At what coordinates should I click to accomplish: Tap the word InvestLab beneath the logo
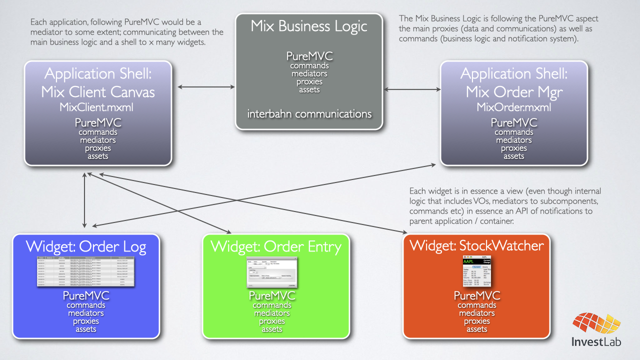pyautogui.click(x=596, y=342)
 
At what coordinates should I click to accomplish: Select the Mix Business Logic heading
pyautogui.click(x=308, y=26)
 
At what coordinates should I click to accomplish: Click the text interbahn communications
pyautogui.click(x=309, y=114)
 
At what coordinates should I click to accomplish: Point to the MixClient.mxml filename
pyautogui.click(x=97, y=107)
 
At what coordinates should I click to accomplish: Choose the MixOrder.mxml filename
pyautogui.click(x=513, y=107)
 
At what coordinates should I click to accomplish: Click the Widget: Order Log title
pyautogui.click(x=86, y=246)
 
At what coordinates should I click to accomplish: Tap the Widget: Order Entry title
pyautogui.click(x=276, y=246)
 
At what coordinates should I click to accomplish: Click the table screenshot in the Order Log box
pyautogui.click(x=86, y=271)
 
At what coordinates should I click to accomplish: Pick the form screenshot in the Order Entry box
pyautogui.click(x=272, y=272)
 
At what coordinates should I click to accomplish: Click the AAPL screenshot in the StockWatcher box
pyautogui.click(x=477, y=270)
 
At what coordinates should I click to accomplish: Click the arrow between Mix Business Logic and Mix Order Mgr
pyautogui.click(x=411, y=90)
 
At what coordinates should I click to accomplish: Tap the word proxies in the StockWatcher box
pyautogui.click(x=476, y=321)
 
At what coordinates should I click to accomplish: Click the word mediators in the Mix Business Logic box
pyautogui.click(x=309, y=74)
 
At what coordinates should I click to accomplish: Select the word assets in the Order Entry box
pyautogui.click(x=272, y=329)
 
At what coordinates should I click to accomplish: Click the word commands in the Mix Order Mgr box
pyautogui.click(x=513, y=132)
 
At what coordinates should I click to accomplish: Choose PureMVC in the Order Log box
pyautogui.click(x=86, y=296)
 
